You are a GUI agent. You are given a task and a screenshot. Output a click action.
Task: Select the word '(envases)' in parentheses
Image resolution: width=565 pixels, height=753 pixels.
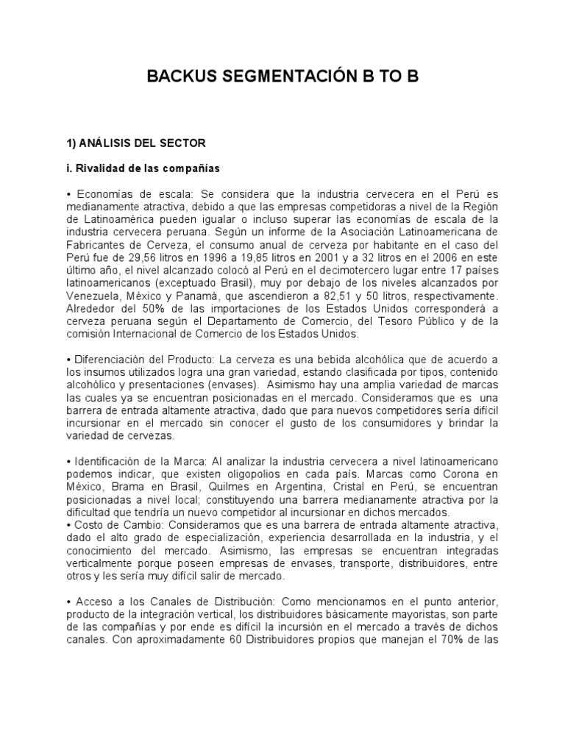point(232,384)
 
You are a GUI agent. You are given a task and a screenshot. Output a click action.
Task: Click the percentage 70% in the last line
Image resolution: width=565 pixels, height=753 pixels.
point(457,639)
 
